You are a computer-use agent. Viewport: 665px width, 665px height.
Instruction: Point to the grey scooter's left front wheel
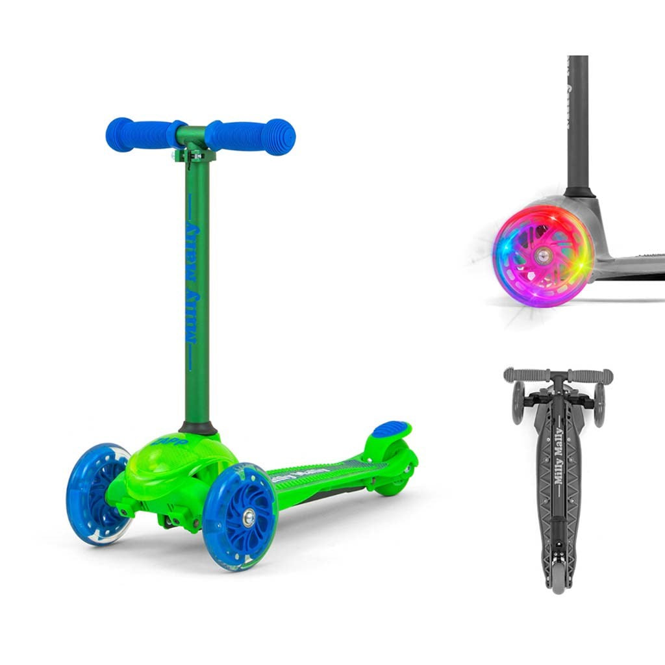(518, 403)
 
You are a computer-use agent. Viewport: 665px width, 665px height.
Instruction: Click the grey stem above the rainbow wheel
(577, 123)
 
